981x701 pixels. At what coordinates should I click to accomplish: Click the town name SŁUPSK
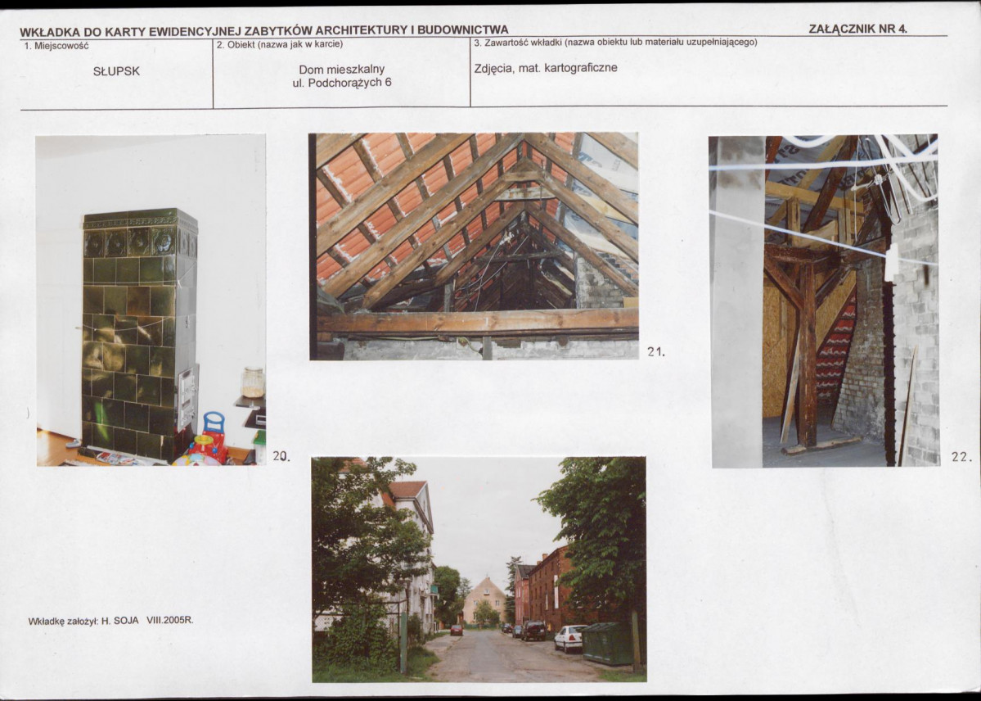[x=115, y=71]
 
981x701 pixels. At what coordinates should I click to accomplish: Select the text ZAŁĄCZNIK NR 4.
[x=857, y=29]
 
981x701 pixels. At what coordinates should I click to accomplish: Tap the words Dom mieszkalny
[x=342, y=70]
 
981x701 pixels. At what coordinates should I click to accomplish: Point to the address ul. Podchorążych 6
[x=342, y=83]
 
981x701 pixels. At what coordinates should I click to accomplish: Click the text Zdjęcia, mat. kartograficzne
[x=546, y=68]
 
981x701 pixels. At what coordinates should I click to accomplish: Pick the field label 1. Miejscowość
[x=56, y=46]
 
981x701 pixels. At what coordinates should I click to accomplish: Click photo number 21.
[x=655, y=352]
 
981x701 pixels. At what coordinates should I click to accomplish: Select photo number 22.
[x=961, y=457]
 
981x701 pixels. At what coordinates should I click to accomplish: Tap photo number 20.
[x=281, y=456]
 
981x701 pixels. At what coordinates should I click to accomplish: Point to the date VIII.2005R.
[x=170, y=620]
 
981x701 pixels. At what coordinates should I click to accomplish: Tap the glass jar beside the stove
[x=253, y=382]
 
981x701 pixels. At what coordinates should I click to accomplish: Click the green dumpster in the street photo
[x=608, y=644]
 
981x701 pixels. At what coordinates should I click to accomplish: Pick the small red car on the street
[x=457, y=631]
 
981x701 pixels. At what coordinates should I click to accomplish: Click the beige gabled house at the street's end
[x=484, y=600]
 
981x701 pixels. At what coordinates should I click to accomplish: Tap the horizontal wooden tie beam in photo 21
[x=479, y=323]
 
